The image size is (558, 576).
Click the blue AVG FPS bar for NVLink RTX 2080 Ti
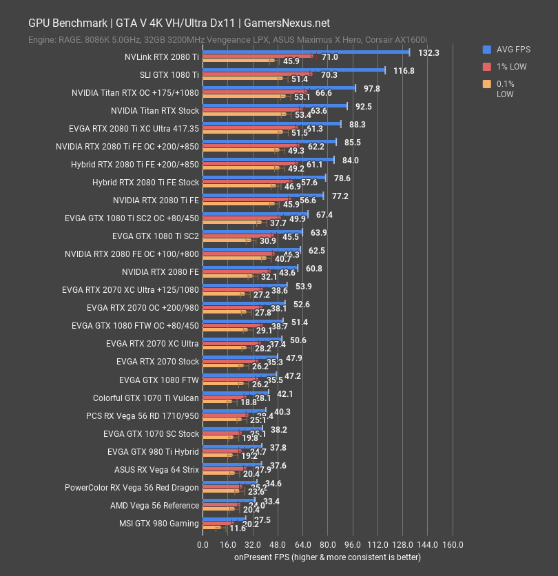305,52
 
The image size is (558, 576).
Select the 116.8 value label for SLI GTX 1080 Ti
404,70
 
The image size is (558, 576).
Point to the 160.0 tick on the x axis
452,544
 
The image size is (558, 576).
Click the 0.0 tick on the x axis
203,544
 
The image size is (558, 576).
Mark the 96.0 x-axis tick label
352,544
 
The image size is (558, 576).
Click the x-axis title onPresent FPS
327,557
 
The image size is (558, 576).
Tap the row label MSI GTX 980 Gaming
159,524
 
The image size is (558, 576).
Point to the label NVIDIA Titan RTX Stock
154,110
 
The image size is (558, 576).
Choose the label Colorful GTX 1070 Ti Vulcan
146,398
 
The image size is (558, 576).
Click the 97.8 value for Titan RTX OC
372,88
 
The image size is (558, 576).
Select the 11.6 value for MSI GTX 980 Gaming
238,528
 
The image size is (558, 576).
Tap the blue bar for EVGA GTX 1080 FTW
239,375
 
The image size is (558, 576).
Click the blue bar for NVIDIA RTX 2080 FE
250,267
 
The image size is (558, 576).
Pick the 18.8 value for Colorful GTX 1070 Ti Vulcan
249,402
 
